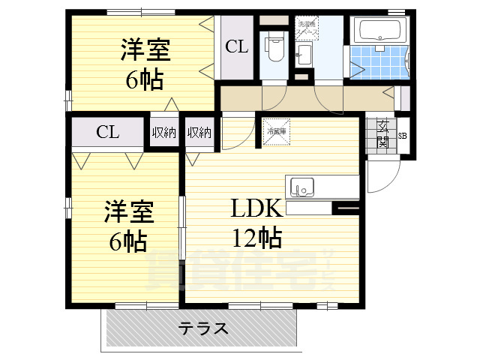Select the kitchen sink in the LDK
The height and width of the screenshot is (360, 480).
pos(301,185)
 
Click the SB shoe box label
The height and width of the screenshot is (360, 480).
pos(403,136)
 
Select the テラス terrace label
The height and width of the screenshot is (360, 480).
pos(203,328)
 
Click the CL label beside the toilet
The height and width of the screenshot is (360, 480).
pos(237,47)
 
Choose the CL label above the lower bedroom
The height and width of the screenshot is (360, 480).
pos(107,133)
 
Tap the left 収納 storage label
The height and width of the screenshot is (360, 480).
pos(164,133)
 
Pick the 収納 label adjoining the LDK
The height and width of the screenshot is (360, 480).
pos(199,133)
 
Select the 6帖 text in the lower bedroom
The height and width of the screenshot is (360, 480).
pos(126,241)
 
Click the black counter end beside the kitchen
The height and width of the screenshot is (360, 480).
pos(345,208)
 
